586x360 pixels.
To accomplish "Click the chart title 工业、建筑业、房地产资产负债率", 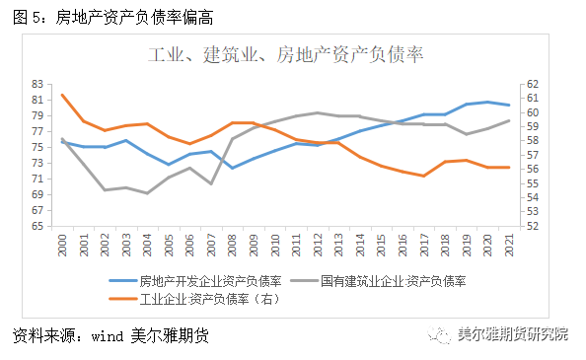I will point(286,53).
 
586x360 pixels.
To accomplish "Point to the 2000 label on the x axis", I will point(62,247).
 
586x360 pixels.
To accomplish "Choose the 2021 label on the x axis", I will point(508,247).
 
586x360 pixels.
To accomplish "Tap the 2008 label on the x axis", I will point(232,247).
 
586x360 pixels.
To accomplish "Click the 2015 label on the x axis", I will point(381,247).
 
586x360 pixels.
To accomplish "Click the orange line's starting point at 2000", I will point(62,95).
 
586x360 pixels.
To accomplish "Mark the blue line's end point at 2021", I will point(508,105).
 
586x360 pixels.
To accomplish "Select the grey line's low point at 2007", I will point(211,183).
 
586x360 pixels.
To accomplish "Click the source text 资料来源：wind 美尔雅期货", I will point(111,336).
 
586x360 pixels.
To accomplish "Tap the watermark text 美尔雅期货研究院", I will point(512,334).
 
